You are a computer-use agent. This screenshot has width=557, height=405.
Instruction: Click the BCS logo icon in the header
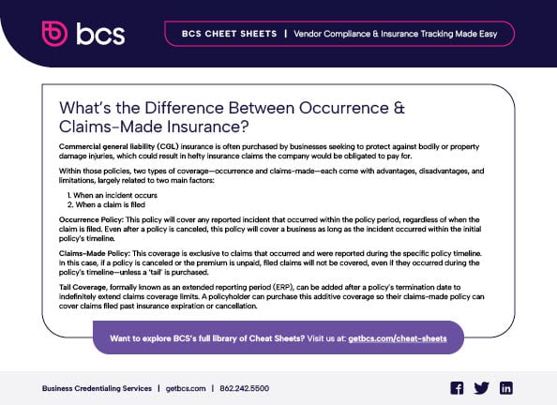pyautogui.click(x=56, y=34)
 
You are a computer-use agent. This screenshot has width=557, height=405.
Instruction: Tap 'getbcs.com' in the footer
pyautogui.click(x=188, y=387)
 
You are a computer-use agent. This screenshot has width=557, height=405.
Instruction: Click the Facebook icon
pyautogui.click(x=457, y=387)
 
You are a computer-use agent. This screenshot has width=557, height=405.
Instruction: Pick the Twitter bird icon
pyautogui.click(x=482, y=387)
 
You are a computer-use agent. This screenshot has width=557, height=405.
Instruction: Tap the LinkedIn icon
pyautogui.click(x=506, y=387)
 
